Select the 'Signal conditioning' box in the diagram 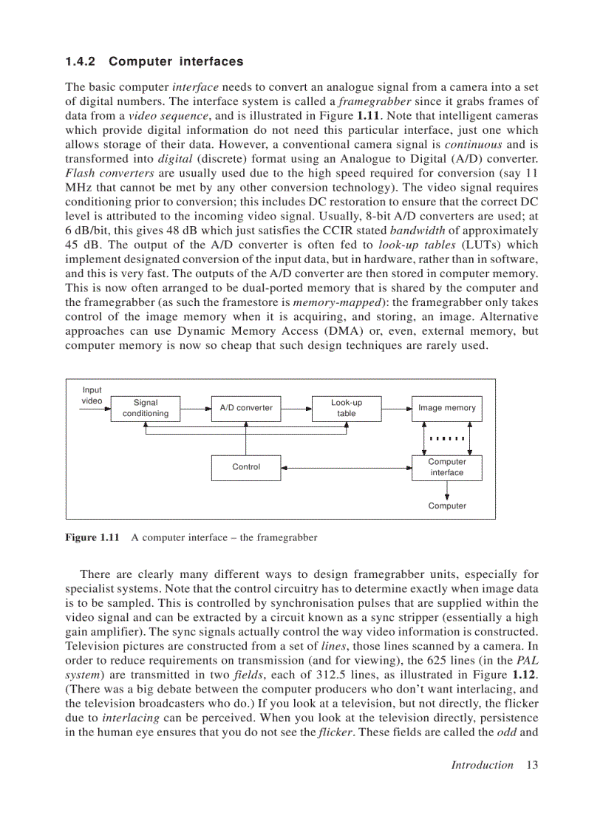click(x=146, y=408)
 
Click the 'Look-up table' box click(x=346, y=408)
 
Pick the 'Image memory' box click(x=446, y=408)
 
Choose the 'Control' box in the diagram click(x=246, y=467)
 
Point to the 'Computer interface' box click(x=446, y=467)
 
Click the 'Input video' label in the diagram click(x=92, y=395)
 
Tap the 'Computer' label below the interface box click(x=447, y=506)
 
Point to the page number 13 click(x=531, y=765)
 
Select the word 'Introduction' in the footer click(x=482, y=765)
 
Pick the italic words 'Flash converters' click(x=109, y=173)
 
